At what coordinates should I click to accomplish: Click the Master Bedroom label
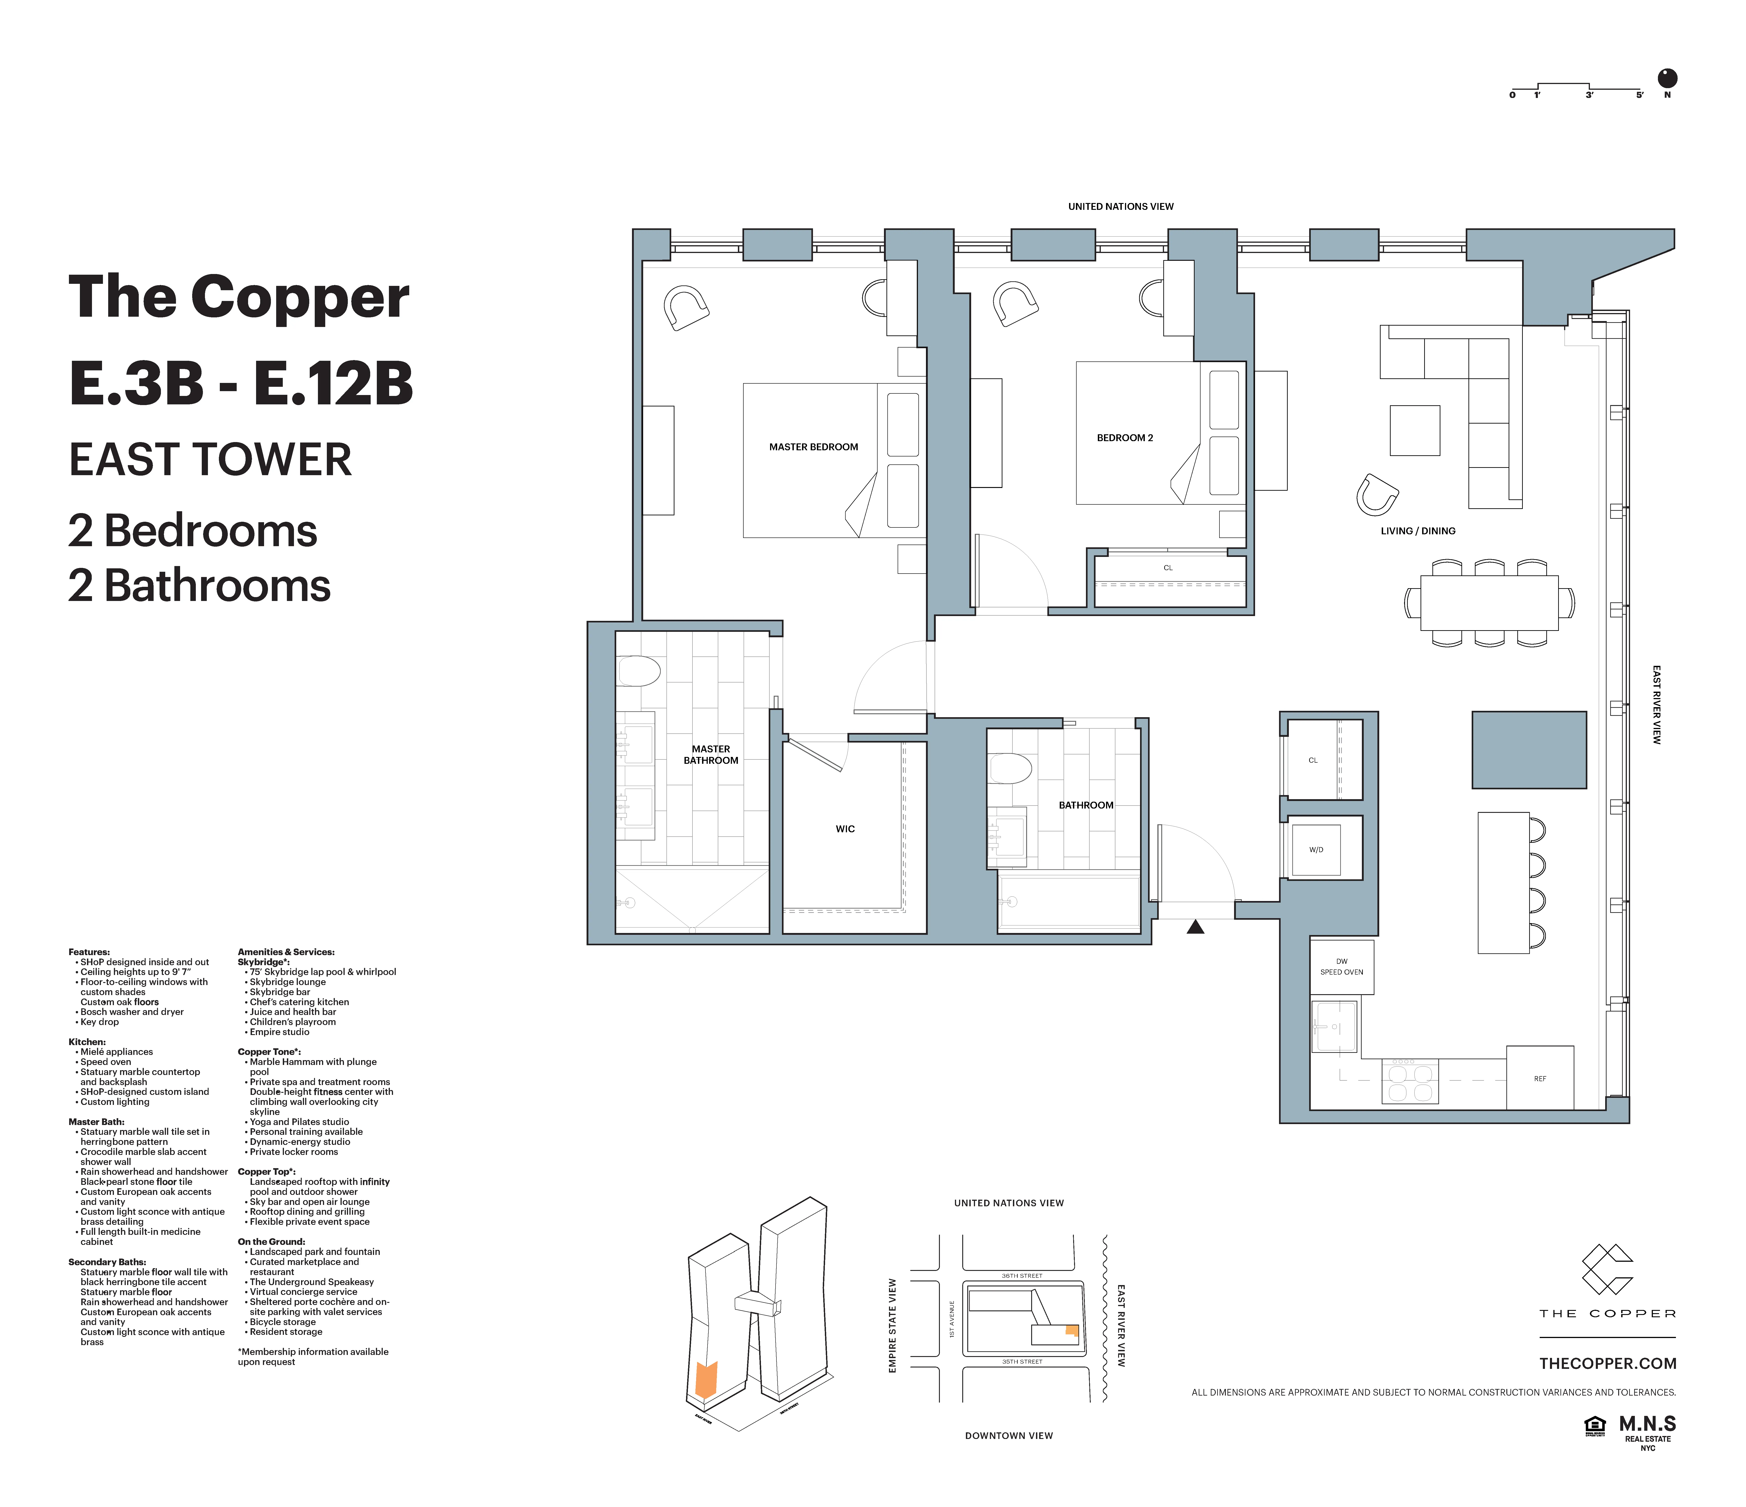813,447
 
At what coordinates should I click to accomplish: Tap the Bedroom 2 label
1124,437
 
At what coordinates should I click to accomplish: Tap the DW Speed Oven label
1342,967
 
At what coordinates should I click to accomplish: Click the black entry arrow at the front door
1195,927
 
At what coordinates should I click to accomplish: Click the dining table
1489,603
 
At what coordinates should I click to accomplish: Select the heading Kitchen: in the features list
87,1042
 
